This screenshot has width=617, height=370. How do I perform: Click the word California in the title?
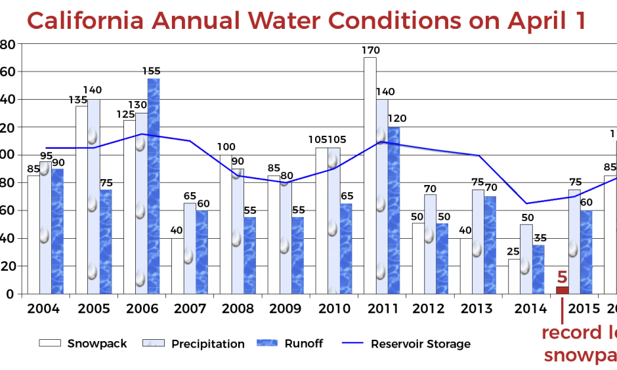[85, 21]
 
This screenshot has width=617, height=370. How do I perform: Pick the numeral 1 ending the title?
[580, 21]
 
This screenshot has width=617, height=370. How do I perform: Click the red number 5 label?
[562, 277]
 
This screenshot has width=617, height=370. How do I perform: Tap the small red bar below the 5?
[563, 290]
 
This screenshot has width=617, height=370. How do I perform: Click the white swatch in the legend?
[50, 342]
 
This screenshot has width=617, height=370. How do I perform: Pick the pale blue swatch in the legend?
[154, 342]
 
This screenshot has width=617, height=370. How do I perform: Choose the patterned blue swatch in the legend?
[267, 342]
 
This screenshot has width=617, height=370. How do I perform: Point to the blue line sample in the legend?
[352, 342]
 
